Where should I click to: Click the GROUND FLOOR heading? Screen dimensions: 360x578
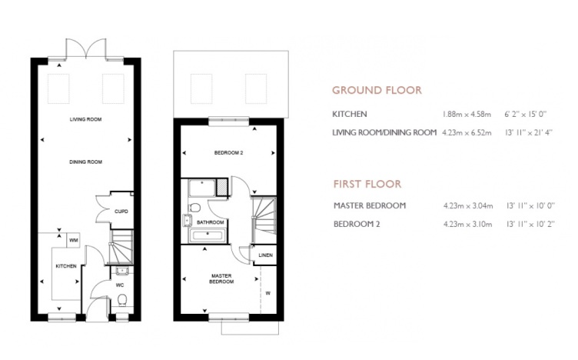[376, 90]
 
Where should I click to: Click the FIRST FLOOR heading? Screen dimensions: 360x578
[367, 185]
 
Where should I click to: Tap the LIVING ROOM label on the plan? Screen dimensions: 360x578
[85, 120]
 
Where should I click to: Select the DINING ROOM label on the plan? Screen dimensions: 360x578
[85, 162]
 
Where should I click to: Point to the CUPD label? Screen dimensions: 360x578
[121, 211]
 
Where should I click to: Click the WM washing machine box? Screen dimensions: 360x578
[74, 240]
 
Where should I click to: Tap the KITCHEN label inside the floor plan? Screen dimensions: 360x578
[65, 265]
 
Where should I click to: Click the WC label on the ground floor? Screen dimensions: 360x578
[121, 284]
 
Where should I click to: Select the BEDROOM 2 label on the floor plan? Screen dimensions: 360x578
[228, 153]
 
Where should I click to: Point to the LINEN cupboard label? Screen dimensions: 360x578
[264, 255]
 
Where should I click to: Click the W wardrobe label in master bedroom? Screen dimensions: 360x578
[267, 292]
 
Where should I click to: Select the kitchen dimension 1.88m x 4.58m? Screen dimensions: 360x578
[468, 114]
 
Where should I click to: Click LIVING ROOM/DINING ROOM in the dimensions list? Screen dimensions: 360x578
[384, 132]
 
